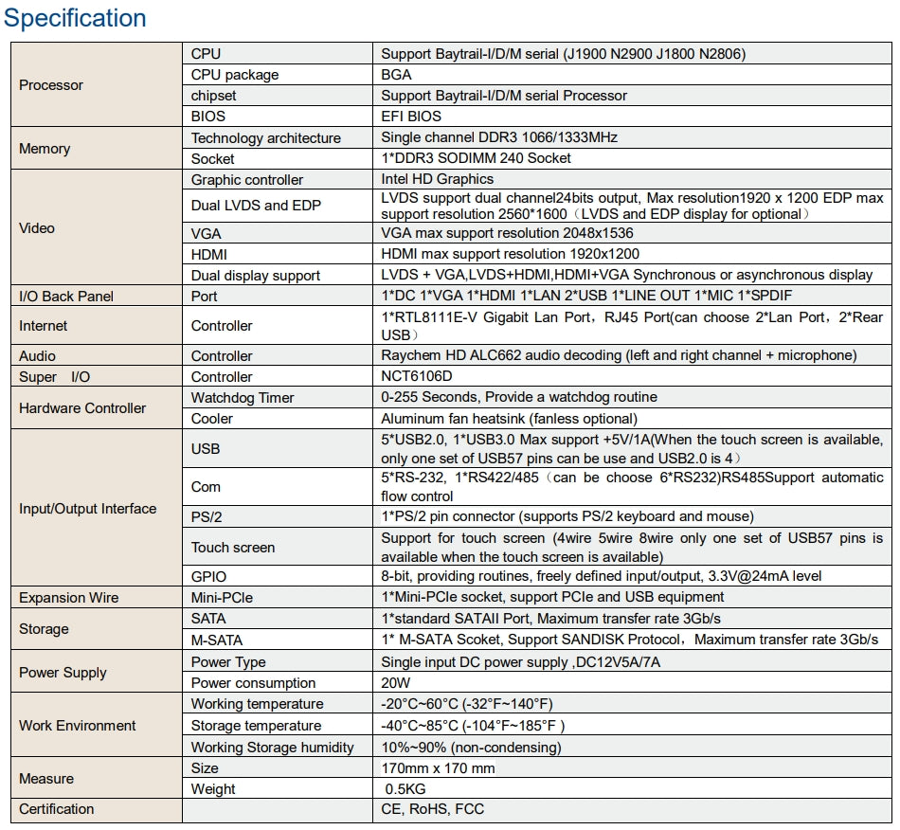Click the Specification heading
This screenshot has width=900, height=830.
click(76, 18)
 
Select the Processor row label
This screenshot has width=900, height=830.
click(51, 85)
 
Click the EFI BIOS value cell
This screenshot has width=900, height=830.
click(411, 117)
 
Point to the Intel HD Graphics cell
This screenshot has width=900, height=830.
click(437, 179)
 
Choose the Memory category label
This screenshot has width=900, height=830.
click(45, 149)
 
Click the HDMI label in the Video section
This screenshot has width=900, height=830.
click(209, 254)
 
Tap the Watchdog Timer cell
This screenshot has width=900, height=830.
click(243, 398)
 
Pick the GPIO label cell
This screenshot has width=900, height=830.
click(208, 576)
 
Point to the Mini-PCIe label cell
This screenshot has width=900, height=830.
click(222, 597)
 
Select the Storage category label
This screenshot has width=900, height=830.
click(44, 629)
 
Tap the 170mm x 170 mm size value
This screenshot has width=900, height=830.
click(438, 768)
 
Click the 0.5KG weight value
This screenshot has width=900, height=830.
click(405, 789)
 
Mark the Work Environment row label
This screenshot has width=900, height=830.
click(78, 726)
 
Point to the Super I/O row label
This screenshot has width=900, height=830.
click(54, 377)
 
